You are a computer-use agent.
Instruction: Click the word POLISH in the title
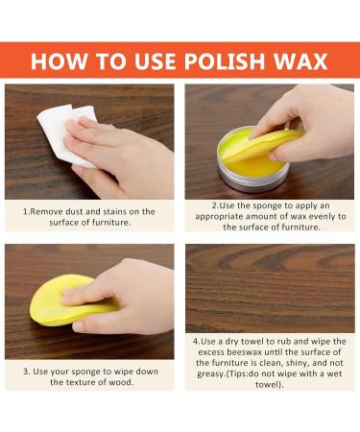click(225, 60)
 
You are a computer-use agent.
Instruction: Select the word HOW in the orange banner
click(60, 60)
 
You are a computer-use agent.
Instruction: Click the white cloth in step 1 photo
click(65, 134)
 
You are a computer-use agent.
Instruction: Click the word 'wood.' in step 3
click(122, 382)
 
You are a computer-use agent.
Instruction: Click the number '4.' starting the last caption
click(196, 341)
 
